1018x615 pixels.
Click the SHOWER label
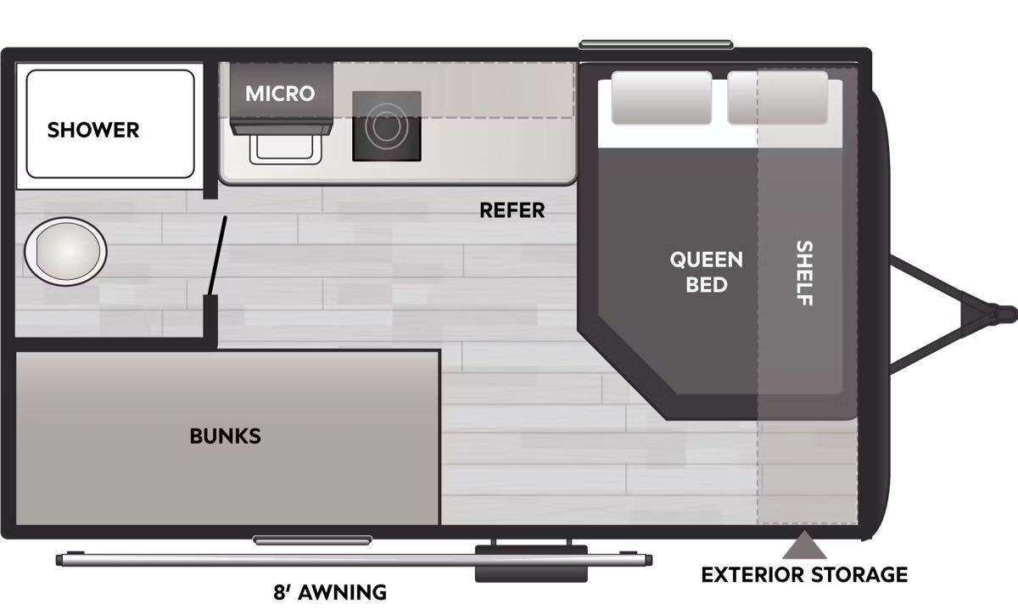(x=93, y=130)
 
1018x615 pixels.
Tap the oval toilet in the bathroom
(x=65, y=251)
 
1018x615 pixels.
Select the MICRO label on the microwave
(x=280, y=93)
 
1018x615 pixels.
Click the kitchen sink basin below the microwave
(x=285, y=149)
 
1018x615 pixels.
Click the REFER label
(x=512, y=210)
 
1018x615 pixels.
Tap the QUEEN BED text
(x=706, y=272)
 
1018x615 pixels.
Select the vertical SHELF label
(x=804, y=273)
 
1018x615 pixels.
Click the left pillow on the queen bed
(x=662, y=98)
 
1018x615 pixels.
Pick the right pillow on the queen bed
(x=778, y=98)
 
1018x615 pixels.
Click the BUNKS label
(x=226, y=436)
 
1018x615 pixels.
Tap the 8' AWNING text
(x=330, y=593)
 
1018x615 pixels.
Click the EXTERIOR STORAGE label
(x=804, y=575)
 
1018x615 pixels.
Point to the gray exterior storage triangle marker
(x=804, y=545)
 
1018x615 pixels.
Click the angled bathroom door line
(x=217, y=256)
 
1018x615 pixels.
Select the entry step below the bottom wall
(x=531, y=563)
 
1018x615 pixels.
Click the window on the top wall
(x=656, y=45)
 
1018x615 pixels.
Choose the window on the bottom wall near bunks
(x=313, y=540)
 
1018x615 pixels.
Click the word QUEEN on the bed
(x=706, y=260)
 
